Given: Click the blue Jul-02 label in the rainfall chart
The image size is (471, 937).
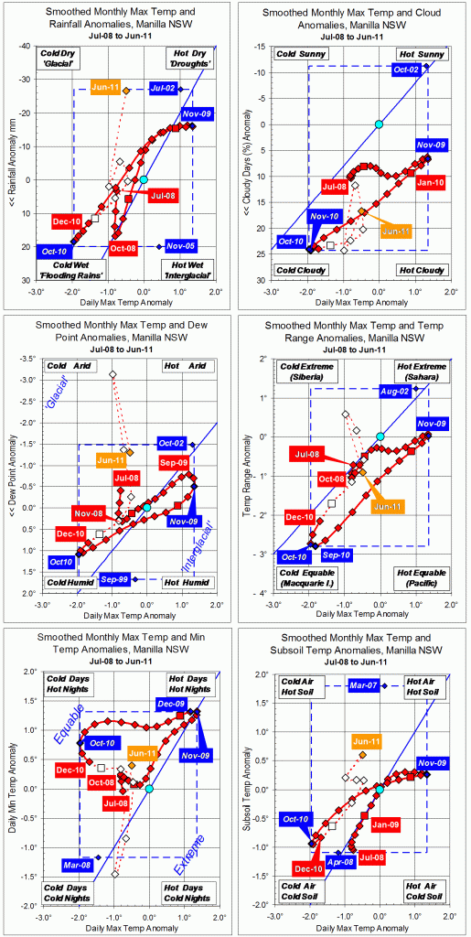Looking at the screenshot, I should [162, 89].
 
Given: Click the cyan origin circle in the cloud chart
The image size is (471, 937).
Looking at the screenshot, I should [379, 124].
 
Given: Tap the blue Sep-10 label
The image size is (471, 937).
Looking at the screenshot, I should [337, 555].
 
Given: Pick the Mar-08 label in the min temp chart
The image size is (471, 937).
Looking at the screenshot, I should [77, 865].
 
